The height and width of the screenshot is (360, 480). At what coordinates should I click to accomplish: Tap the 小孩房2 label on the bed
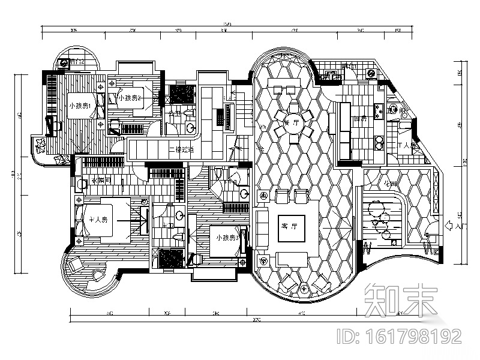coord(130,98)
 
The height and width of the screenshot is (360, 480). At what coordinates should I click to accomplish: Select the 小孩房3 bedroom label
coord(228,238)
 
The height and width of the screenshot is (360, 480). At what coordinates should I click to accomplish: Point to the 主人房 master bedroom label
coord(98,220)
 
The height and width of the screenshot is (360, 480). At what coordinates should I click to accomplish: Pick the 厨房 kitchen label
coord(359,118)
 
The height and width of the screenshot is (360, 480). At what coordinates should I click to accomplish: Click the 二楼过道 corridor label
coord(181,150)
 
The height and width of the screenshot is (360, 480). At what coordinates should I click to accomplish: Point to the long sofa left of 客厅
coord(261,229)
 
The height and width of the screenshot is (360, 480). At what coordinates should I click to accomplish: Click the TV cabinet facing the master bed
coord(144,220)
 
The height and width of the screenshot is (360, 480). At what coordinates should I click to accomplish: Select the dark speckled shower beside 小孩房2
coord(181,94)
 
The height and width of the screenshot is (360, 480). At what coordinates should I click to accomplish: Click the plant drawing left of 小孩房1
coord(41,146)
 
